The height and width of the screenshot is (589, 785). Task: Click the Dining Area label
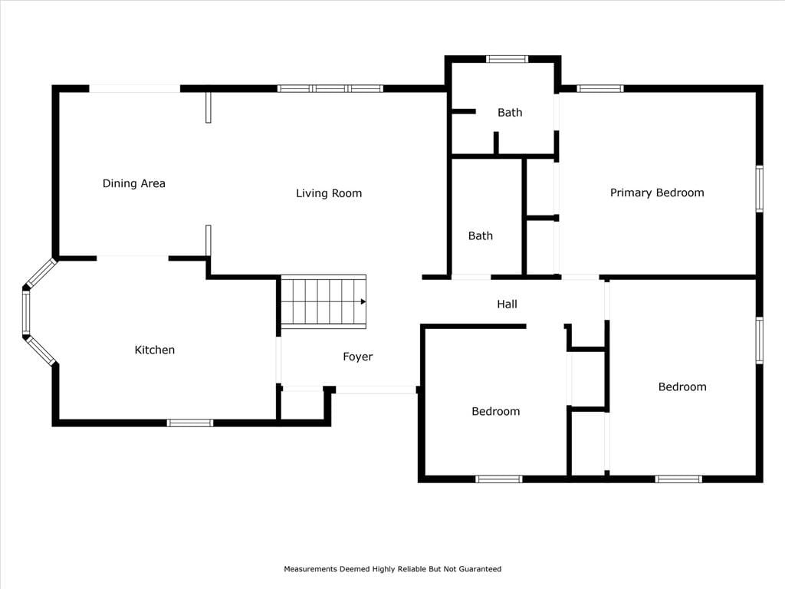(133, 183)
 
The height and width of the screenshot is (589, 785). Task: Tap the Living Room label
(328, 193)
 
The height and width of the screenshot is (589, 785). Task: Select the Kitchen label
(155, 350)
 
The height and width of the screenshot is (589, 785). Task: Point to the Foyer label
(357, 357)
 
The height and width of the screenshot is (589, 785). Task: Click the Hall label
(507, 304)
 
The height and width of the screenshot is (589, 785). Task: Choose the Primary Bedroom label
(657, 192)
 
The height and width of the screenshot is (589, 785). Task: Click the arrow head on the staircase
(363, 301)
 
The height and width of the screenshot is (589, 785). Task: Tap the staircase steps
(324, 301)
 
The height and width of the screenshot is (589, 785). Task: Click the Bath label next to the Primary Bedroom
(510, 113)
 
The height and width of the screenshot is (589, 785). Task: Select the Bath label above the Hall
(480, 236)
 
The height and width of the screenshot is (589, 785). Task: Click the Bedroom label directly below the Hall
(496, 411)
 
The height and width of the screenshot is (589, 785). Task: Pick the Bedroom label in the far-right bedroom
(682, 387)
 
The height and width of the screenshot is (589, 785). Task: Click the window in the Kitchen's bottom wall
(190, 423)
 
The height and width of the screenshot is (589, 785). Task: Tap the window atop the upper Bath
(507, 59)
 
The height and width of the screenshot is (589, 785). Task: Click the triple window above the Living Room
(330, 89)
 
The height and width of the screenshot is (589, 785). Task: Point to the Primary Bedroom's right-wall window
(760, 189)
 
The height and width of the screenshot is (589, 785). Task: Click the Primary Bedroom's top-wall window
(600, 89)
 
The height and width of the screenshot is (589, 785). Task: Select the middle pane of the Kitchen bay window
(26, 313)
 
